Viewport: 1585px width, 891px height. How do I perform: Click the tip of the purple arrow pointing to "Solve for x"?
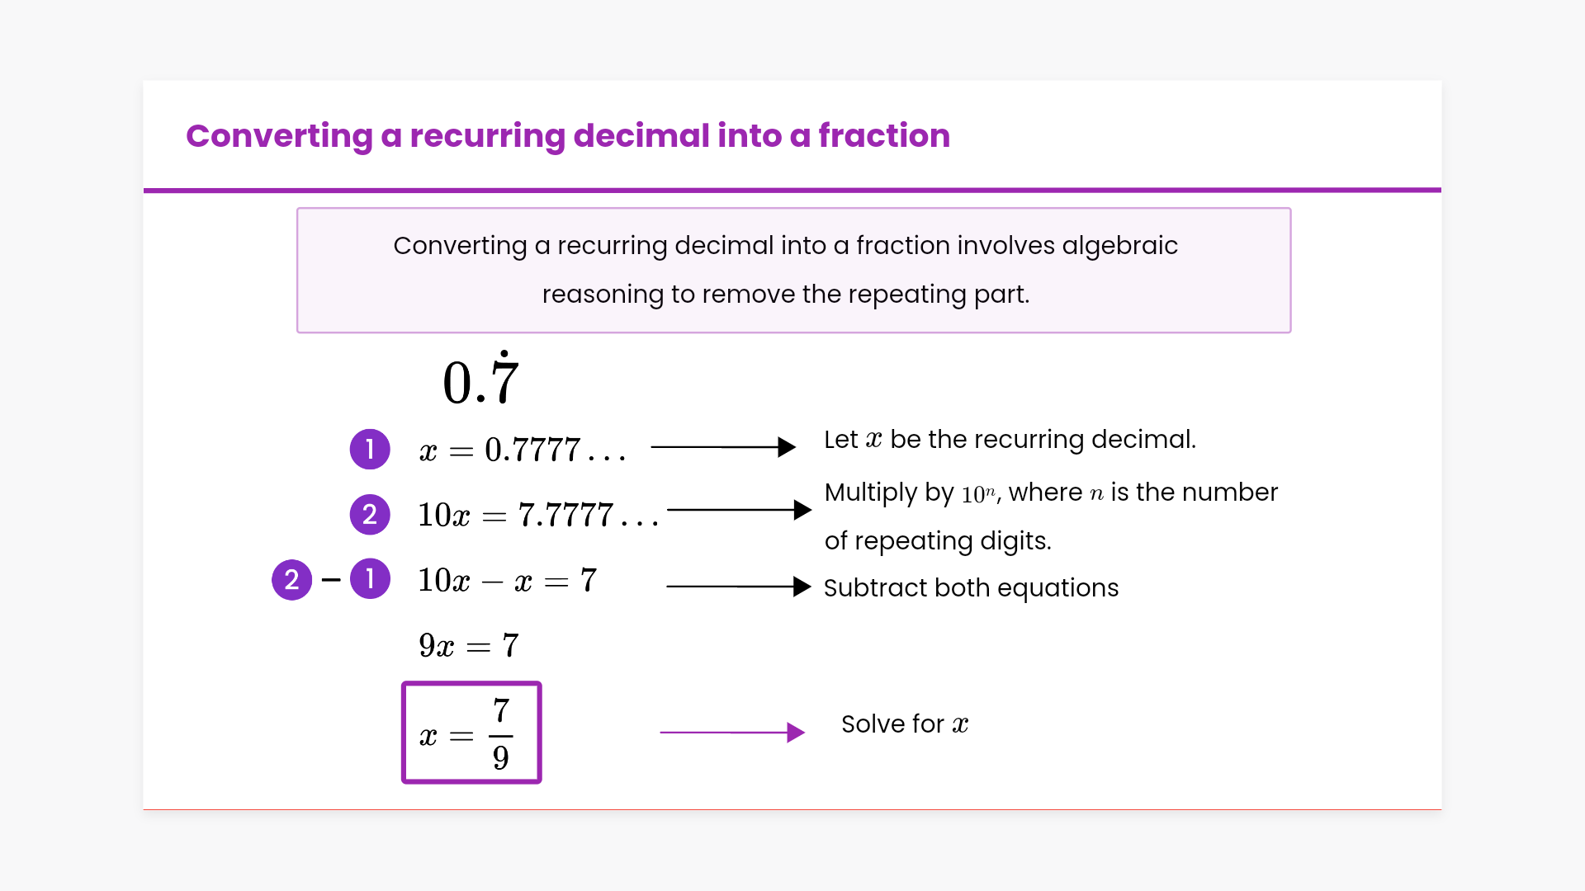coord(805,733)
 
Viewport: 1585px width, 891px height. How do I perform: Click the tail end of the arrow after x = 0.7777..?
coord(651,447)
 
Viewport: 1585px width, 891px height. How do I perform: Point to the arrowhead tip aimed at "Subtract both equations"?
coord(811,587)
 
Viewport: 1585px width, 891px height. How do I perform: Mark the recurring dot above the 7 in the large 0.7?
coord(504,353)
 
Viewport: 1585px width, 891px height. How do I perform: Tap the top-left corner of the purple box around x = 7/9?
coord(403,682)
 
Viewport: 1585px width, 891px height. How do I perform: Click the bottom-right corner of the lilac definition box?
coord(1291,332)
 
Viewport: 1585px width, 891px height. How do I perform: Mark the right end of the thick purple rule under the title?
coord(1441,191)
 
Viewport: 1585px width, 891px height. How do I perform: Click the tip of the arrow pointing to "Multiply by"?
coord(811,510)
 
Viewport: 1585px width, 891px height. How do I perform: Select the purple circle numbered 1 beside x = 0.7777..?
coord(370,450)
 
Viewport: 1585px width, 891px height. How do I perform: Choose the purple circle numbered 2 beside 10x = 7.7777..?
coord(370,515)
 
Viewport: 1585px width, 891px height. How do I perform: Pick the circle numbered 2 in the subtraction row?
coord(292,580)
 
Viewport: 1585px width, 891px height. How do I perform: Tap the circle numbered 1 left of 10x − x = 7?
coord(370,579)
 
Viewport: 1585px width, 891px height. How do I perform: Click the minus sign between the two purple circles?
coord(331,580)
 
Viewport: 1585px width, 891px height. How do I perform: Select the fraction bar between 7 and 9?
coord(501,735)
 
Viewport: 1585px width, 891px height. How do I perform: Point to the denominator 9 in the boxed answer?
coord(501,757)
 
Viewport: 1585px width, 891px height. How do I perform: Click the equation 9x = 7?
coord(469,645)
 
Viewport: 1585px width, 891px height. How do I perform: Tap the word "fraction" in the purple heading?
coord(884,135)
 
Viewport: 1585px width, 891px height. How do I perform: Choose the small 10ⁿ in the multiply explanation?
coord(978,494)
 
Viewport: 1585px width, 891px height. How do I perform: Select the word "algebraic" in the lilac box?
coord(1120,246)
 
